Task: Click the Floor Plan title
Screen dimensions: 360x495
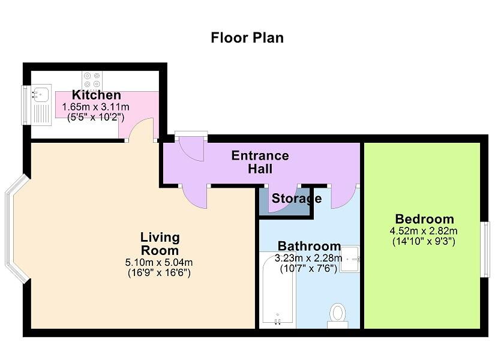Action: coord(247,38)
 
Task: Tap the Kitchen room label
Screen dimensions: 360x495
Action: coord(97,95)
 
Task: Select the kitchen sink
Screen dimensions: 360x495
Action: coord(41,94)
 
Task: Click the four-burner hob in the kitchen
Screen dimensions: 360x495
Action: coord(92,80)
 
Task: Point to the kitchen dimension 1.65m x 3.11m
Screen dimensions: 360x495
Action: coord(96,106)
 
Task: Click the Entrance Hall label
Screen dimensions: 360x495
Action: coord(260,162)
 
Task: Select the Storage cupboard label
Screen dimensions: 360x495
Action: coord(296,199)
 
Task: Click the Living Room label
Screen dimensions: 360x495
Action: coord(160,244)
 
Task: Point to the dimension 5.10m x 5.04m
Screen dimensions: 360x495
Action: coord(160,262)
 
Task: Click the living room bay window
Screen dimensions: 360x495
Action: coord(15,229)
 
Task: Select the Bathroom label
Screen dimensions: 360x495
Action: coord(309,246)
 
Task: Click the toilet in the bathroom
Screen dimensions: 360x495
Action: coord(338,315)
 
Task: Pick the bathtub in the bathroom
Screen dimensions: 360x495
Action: coord(277,291)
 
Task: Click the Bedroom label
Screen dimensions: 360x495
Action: coord(424,219)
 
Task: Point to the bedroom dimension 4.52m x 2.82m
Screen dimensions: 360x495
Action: coord(424,231)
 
